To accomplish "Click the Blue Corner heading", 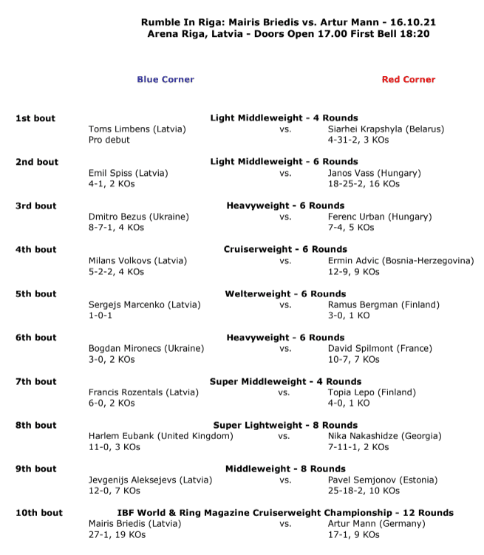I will click(x=165, y=80).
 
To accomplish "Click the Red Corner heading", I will click(x=409, y=80).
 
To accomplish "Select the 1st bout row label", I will click(x=35, y=118).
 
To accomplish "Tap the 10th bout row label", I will click(x=39, y=513).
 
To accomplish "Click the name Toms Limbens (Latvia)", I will click(x=137, y=129).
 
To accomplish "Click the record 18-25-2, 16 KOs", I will click(x=364, y=183).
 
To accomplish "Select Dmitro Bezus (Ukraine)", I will click(x=138, y=217).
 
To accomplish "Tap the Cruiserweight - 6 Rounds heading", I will click(x=285, y=250).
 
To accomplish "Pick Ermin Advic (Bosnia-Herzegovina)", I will click(x=401, y=261).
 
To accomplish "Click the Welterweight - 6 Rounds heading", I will click(x=285, y=294).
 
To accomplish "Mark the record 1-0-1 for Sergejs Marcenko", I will click(x=102, y=316).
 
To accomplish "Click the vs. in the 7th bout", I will click(x=284, y=392).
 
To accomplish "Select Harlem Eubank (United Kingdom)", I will click(x=160, y=436).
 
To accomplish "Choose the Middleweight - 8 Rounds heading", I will click(x=285, y=469).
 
